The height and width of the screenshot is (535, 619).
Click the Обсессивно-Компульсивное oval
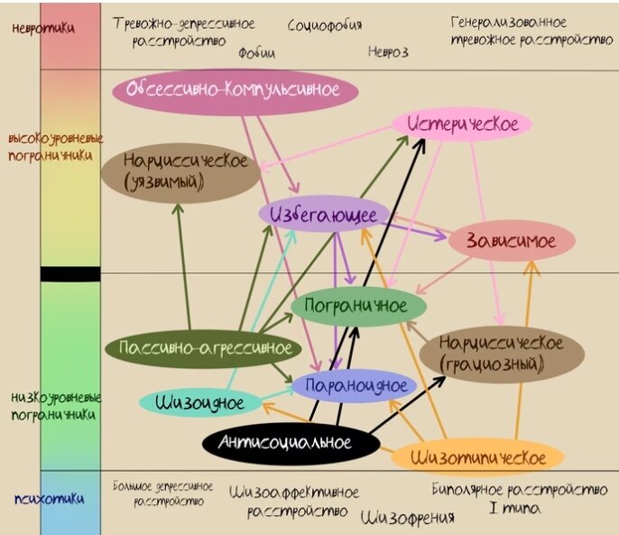236,91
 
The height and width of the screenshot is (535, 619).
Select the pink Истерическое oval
462,125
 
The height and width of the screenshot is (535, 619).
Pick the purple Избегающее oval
325,215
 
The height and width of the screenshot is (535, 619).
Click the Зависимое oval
512,240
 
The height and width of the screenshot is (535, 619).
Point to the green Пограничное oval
356,306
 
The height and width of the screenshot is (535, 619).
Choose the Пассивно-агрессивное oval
206,347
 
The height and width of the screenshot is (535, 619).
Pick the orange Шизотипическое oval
477,457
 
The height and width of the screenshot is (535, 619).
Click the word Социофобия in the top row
325,25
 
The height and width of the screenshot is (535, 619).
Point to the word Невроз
388,51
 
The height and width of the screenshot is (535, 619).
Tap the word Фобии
256,53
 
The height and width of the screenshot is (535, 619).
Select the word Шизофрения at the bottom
408,518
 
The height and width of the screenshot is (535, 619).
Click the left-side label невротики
43,28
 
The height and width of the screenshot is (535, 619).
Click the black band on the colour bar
69,273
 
